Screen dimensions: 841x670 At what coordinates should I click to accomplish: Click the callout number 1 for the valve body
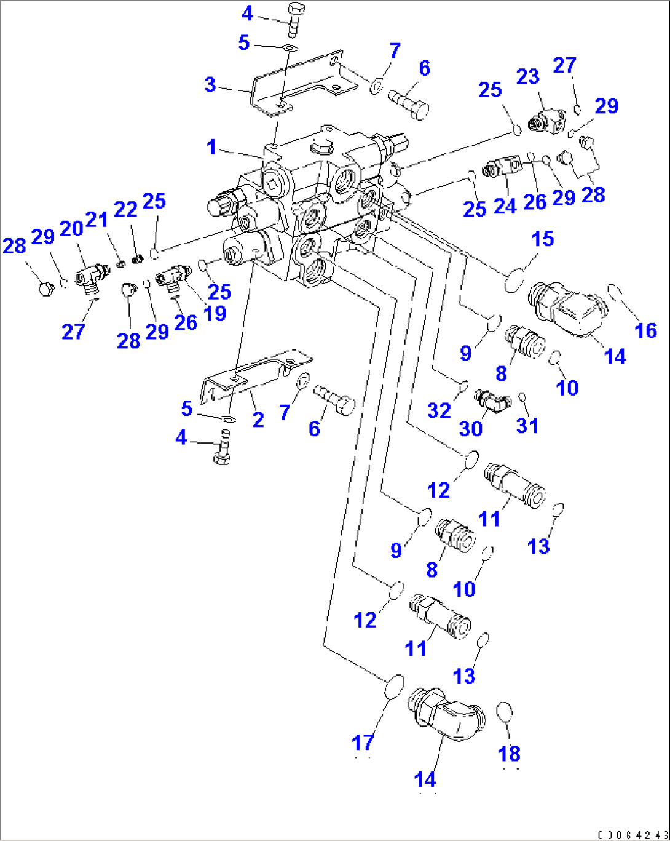211,148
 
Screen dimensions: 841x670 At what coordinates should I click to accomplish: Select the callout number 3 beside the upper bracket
210,84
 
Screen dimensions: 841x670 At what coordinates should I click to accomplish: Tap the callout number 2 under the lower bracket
258,420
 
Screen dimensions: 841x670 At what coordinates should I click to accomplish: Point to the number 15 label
543,239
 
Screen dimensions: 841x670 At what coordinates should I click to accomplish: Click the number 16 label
645,330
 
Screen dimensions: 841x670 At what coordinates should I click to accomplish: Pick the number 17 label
363,743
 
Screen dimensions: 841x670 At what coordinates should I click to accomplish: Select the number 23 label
527,77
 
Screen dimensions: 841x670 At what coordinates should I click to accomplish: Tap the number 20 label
71,228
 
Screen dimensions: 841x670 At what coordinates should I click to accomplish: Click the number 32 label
439,410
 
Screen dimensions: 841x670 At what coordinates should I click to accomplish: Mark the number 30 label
471,428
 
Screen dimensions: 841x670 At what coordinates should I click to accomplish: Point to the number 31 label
527,425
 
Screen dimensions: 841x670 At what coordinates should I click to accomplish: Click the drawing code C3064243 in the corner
632,835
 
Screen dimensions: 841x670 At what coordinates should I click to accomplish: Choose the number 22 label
125,209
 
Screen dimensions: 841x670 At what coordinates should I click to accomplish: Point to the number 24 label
505,205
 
